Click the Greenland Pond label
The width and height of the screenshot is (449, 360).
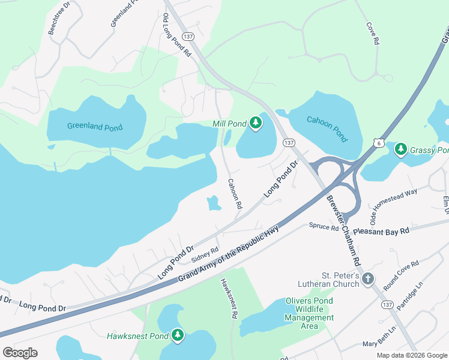(x=95, y=127)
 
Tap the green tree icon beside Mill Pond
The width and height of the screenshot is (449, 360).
(x=256, y=124)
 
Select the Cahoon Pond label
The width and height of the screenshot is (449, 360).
(x=327, y=128)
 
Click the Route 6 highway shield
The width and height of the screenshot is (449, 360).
(x=378, y=142)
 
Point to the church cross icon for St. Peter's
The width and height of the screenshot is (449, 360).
(x=368, y=279)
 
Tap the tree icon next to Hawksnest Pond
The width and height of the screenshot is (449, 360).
(x=178, y=335)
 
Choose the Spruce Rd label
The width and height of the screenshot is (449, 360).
(x=324, y=226)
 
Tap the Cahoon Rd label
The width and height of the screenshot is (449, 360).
(x=235, y=194)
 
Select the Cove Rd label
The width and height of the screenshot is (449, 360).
(x=373, y=34)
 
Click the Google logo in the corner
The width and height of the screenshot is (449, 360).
(x=20, y=353)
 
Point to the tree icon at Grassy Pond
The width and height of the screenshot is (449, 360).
(x=400, y=149)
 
